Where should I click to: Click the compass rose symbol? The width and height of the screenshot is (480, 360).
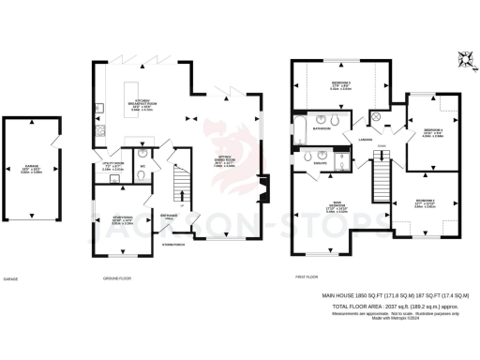coord(462,59)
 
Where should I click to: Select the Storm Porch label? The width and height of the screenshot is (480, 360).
coord(172,245)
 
